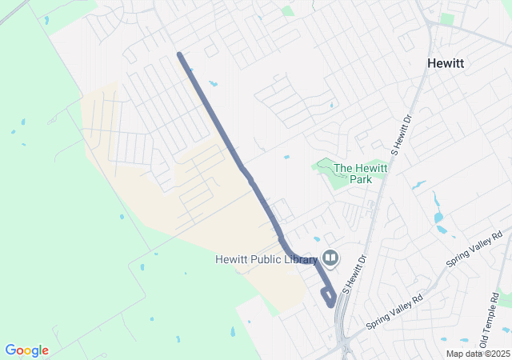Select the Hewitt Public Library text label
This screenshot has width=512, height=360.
click(x=266, y=258)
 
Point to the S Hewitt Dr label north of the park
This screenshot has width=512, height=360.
click(x=401, y=133)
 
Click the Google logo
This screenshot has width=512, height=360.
click(x=26, y=350)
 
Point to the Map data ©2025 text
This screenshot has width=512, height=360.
click(x=477, y=354)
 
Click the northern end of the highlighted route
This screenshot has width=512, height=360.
click(x=179, y=54)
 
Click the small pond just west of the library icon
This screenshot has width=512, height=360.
click(x=317, y=238)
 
